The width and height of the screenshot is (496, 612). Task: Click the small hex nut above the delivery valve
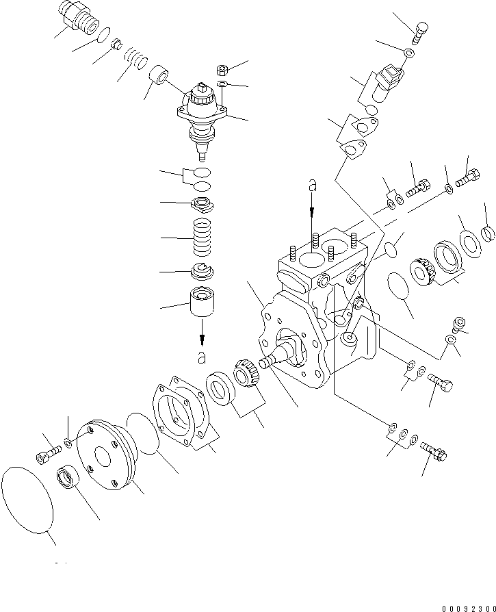click(222, 70)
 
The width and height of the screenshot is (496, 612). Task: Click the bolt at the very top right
click(422, 29)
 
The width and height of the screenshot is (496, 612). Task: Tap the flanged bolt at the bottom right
click(434, 450)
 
